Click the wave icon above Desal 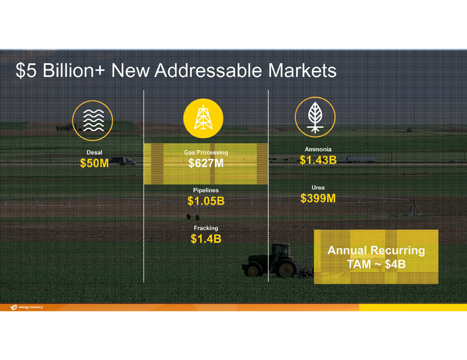(93, 120)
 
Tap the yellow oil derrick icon (203, 118)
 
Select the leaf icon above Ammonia (315, 117)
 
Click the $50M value (94, 163)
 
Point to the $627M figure (206, 163)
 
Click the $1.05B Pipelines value (206, 201)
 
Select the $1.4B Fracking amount (206, 239)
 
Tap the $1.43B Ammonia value (318, 160)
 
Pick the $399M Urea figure (318, 198)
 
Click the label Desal (94, 152)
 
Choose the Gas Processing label (206, 153)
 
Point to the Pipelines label (206, 190)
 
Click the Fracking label (206, 228)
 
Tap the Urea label (318, 187)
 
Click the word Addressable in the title (208, 70)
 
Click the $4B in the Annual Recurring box (395, 264)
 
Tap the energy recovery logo (26, 307)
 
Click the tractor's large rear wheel (287, 268)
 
